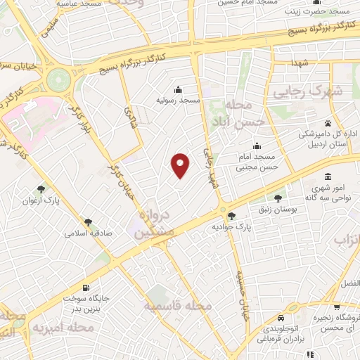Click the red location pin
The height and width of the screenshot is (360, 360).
181,165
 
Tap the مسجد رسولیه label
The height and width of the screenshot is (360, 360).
179,101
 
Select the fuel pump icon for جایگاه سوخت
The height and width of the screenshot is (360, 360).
86,288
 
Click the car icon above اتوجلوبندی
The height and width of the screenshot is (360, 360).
281,316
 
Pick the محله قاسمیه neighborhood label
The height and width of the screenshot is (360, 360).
178,307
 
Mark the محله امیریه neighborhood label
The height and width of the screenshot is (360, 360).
74,327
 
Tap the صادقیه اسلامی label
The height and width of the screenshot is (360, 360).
89,232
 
